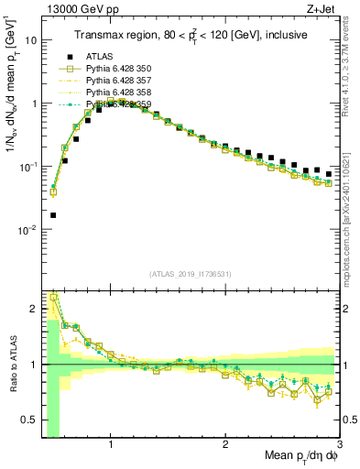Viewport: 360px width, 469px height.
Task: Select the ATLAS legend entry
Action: [100, 56]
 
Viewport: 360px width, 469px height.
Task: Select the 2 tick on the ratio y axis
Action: [33, 309]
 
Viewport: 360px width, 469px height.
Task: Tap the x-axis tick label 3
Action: [339, 445]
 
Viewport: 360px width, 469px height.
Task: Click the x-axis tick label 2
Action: [225, 445]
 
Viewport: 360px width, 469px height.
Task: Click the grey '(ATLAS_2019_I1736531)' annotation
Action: [190, 274]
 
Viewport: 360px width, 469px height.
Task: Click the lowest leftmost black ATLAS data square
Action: [52, 215]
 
